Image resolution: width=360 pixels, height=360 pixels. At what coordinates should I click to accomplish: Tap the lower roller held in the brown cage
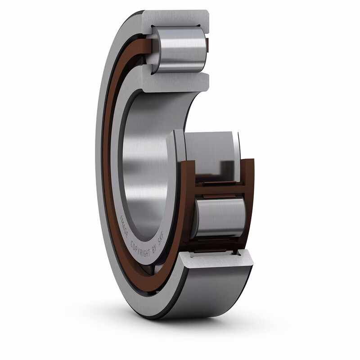(220, 217)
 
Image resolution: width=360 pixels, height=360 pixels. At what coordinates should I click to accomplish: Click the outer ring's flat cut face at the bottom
(216, 260)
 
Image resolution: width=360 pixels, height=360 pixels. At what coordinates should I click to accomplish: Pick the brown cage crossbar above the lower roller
(220, 189)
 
